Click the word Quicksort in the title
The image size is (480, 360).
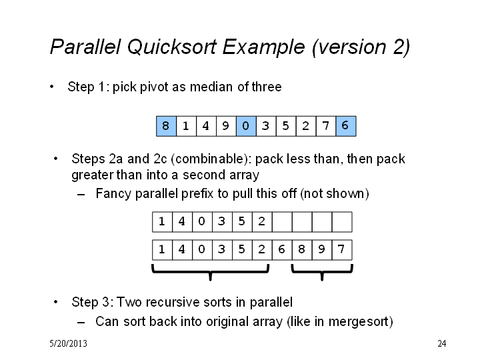(171, 47)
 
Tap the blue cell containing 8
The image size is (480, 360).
(166, 126)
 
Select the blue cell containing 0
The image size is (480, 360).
(246, 126)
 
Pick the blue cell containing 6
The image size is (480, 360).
(346, 126)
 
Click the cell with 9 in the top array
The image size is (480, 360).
(226, 126)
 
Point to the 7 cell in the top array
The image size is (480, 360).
(326, 126)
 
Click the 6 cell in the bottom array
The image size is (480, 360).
(282, 250)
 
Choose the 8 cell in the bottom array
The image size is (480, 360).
(302, 250)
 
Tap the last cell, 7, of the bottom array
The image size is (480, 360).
(342, 250)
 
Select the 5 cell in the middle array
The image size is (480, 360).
(242, 221)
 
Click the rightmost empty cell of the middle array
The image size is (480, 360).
(342, 221)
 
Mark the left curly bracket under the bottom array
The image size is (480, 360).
(210, 272)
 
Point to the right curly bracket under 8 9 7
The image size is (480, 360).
(322, 272)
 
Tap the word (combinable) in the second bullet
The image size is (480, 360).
(211, 159)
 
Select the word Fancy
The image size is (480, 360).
(113, 194)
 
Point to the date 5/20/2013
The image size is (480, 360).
(68, 343)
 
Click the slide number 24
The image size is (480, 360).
(442, 343)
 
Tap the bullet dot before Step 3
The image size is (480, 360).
(55, 302)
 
